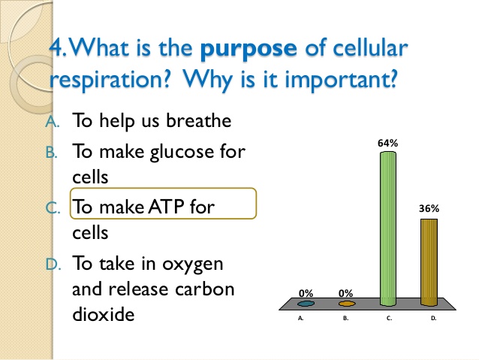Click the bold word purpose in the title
(x=247, y=50)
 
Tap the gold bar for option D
(x=428, y=262)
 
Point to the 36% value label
(x=428, y=210)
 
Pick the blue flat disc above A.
(x=306, y=304)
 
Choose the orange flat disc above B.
(x=346, y=304)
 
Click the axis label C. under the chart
(x=389, y=319)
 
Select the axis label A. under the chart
(x=302, y=319)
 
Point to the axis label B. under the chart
(x=345, y=319)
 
